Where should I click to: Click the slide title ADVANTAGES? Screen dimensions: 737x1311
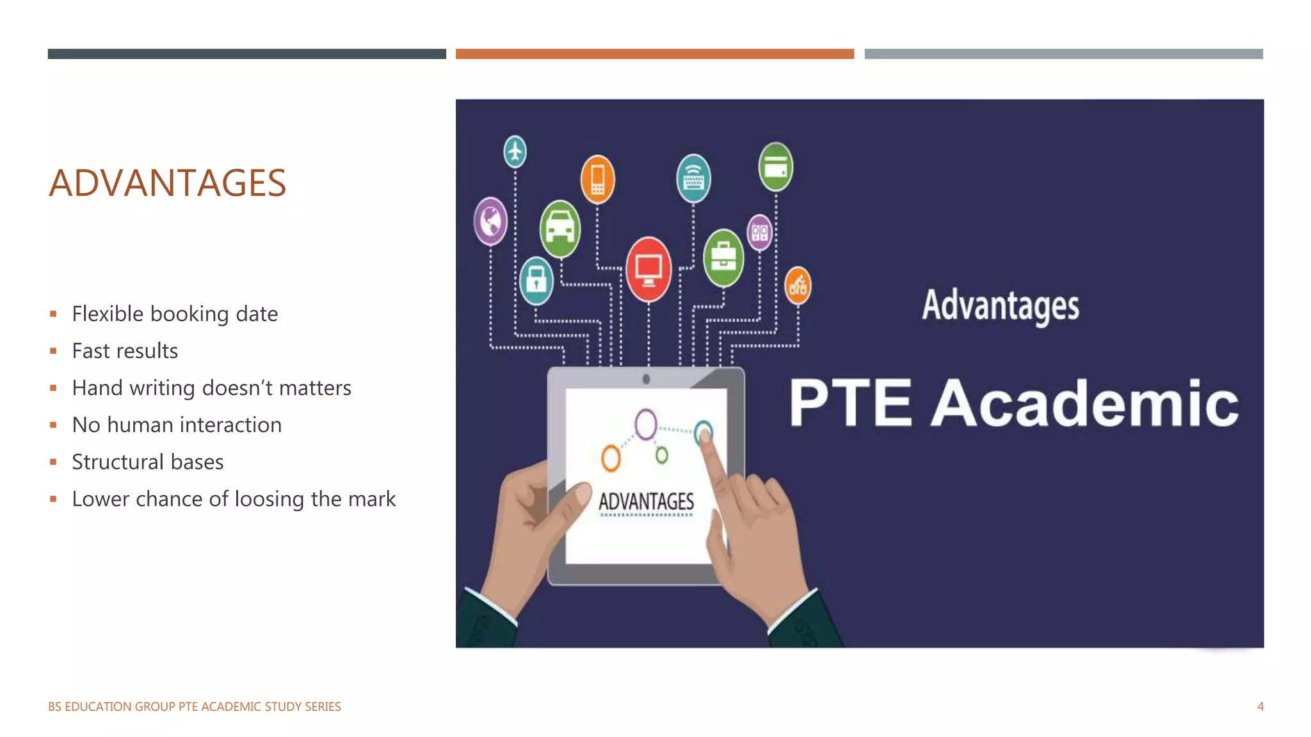(x=168, y=183)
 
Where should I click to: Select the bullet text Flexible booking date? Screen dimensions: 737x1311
(x=175, y=314)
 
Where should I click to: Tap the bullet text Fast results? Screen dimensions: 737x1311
(x=125, y=351)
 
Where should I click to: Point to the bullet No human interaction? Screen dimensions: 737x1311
(x=177, y=425)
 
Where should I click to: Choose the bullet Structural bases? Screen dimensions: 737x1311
(x=148, y=463)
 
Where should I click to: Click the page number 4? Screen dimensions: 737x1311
(x=1260, y=707)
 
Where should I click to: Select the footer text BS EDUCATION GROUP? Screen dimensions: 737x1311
(x=111, y=707)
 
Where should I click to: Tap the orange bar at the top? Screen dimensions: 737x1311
(x=654, y=54)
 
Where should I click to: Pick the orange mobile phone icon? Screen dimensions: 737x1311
(x=597, y=178)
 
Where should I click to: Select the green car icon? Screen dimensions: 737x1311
(x=560, y=228)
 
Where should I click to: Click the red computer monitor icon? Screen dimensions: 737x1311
(x=648, y=269)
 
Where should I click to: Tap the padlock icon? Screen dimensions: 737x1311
(x=536, y=280)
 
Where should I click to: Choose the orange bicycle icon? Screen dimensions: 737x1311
(x=798, y=285)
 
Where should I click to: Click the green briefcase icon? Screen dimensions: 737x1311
(x=723, y=258)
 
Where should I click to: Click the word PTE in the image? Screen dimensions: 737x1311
(x=850, y=403)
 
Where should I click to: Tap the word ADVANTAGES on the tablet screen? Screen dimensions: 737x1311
(x=646, y=502)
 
